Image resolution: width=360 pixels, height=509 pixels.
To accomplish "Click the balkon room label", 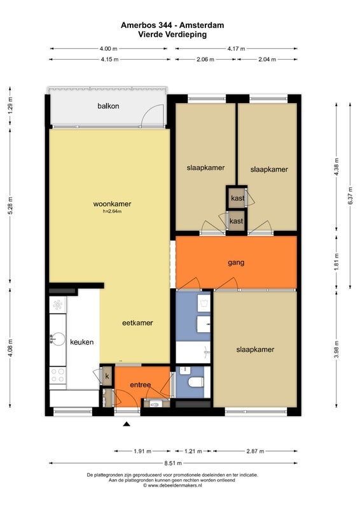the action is (108, 106).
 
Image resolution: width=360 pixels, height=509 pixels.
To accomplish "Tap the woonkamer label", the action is (112, 204).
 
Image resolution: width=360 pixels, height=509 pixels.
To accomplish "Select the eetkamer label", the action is (137, 323).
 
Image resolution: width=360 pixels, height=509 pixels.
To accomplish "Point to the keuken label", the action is (82, 342).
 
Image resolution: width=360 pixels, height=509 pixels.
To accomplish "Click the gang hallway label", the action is (236, 262).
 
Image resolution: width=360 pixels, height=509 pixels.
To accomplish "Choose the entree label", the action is (140, 385).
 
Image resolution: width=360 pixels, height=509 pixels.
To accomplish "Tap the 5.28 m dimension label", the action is (10, 206).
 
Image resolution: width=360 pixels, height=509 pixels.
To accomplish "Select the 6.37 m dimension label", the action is (350, 196).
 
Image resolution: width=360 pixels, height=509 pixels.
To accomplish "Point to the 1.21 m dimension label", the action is (193, 451).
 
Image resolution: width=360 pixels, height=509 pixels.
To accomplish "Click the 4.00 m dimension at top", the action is (108, 49).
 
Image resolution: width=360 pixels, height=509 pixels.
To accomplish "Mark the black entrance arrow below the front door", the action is (127, 424).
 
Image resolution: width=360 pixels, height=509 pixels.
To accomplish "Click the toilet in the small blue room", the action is (196, 382).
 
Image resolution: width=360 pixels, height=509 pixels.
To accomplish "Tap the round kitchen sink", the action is (57, 339).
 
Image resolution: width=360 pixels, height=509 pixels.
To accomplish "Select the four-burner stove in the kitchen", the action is (57, 375).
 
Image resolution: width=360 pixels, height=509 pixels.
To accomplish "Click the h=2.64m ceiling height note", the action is (113, 211).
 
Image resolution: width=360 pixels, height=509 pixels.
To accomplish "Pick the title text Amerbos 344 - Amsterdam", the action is (172, 25).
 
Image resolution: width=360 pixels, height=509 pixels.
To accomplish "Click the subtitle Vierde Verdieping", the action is (172, 34).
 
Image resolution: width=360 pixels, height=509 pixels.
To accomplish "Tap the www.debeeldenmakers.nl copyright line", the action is (172, 485).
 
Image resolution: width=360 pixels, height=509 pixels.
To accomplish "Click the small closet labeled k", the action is (107, 377).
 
